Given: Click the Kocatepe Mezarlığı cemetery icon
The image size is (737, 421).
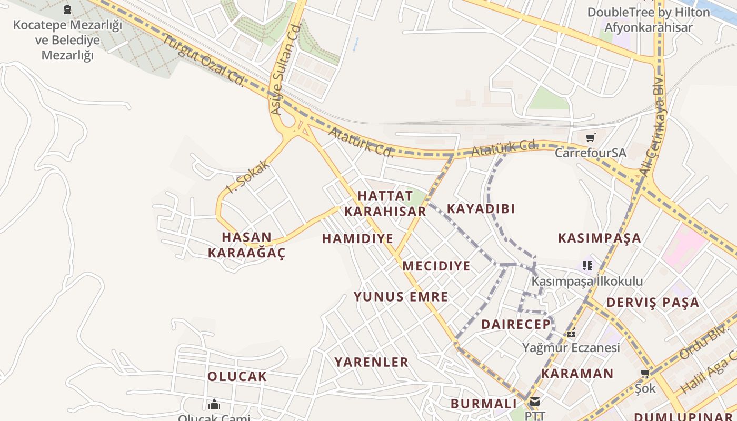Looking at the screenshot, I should [x=67, y=9].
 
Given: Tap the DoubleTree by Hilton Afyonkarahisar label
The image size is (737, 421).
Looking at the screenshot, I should [x=649, y=19].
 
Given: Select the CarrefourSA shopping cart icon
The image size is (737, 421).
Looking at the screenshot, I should [x=590, y=137].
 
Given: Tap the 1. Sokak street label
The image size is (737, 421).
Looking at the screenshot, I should [x=247, y=176].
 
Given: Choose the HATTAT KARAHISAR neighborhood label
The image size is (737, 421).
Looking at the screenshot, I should [x=385, y=203].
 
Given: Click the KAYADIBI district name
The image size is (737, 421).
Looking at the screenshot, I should [x=481, y=208].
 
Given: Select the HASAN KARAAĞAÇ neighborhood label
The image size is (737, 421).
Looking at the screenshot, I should [x=246, y=245].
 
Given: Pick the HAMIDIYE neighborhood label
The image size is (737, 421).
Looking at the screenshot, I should [x=357, y=239].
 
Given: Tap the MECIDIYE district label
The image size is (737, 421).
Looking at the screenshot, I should [x=436, y=266].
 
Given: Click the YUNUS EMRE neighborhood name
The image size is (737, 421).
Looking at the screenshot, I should [x=401, y=297].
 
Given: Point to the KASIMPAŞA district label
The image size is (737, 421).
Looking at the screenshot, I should [x=600, y=238].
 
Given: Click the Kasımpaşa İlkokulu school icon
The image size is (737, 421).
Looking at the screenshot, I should [x=587, y=265].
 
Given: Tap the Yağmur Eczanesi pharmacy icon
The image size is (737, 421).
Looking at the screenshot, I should [x=571, y=333].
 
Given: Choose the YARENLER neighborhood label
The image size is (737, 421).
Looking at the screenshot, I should [x=372, y=362].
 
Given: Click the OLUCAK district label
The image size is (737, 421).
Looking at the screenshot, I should [x=237, y=377].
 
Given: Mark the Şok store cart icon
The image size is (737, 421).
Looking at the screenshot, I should [x=645, y=373].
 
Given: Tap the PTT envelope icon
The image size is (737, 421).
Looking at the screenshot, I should [x=535, y=402].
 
